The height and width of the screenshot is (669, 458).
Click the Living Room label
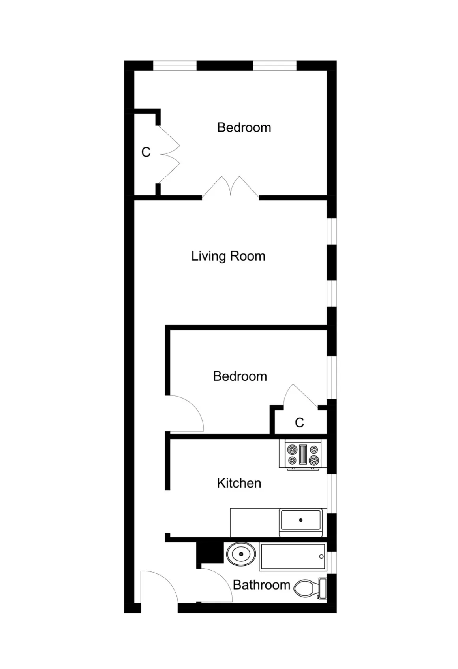pos(228,256)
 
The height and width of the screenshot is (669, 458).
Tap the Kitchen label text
pos(239,483)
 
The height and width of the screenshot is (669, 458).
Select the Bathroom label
pos(261,585)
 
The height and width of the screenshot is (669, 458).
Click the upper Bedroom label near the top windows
pos(244,127)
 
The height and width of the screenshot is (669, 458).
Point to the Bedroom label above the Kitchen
pos(240,376)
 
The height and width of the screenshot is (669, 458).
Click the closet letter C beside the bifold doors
pos(146,152)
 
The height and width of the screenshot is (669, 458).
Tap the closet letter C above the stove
pos(299,423)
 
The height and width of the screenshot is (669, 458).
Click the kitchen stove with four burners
pos(303,455)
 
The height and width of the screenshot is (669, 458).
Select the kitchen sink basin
pos(301,520)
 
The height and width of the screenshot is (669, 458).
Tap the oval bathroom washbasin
pos(241,554)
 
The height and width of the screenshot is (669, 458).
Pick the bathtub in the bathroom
pos(293,557)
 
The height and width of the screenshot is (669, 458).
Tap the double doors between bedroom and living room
pos(231,187)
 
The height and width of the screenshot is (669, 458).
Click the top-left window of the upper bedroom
pos(175,66)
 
